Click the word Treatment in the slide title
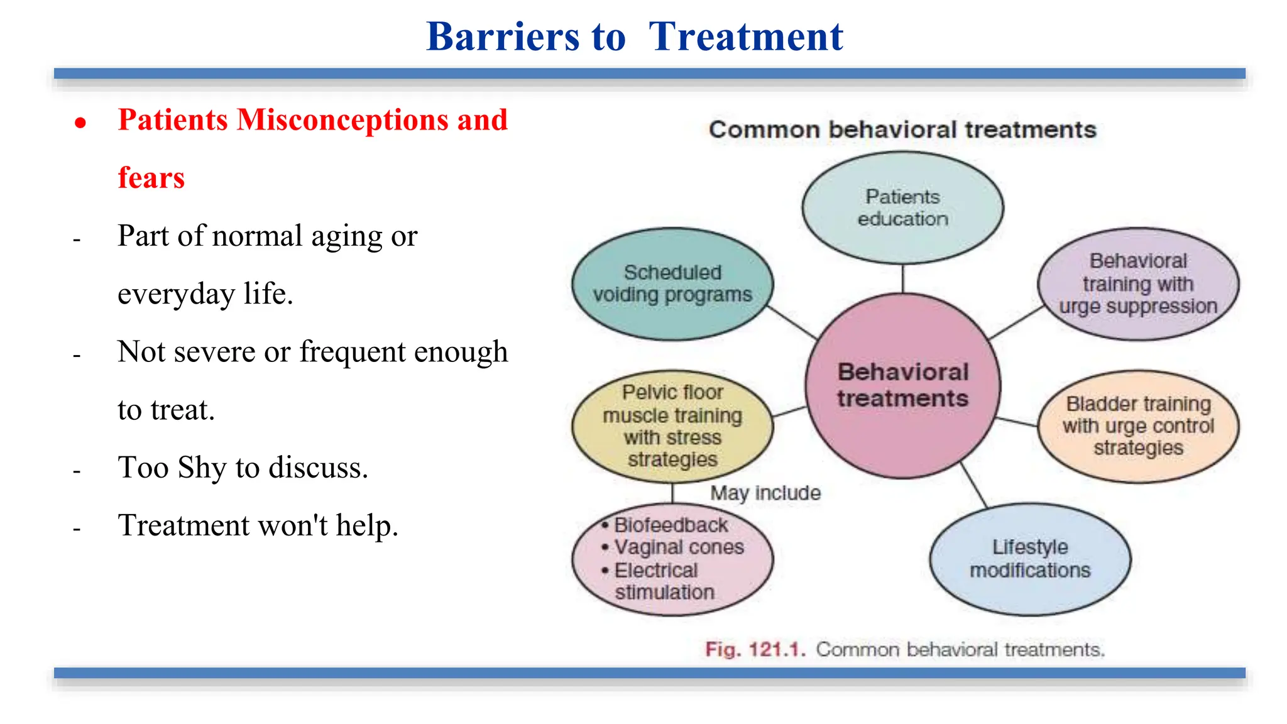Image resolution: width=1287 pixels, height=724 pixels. (x=746, y=36)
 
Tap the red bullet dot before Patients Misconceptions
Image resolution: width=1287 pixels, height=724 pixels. (x=80, y=123)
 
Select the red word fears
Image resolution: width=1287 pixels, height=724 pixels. (x=151, y=178)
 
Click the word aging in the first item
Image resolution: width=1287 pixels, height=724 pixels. (x=346, y=237)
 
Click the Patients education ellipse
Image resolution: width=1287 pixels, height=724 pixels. (x=902, y=207)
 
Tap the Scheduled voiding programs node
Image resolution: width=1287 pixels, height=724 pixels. (x=672, y=284)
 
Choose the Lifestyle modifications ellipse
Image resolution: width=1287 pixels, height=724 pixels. (x=1030, y=559)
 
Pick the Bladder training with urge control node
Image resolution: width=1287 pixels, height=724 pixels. (x=1138, y=426)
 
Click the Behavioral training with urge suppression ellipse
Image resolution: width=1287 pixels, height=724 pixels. (x=1138, y=283)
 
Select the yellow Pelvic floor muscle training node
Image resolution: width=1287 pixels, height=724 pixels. (x=672, y=426)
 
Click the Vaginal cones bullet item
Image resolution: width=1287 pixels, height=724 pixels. (x=679, y=547)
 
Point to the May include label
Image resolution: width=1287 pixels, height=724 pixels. (x=765, y=493)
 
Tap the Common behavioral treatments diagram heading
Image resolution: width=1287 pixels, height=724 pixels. (x=902, y=130)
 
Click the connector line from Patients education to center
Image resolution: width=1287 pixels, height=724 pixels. (x=903, y=278)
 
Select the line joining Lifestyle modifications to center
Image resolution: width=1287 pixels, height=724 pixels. (x=974, y=485)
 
